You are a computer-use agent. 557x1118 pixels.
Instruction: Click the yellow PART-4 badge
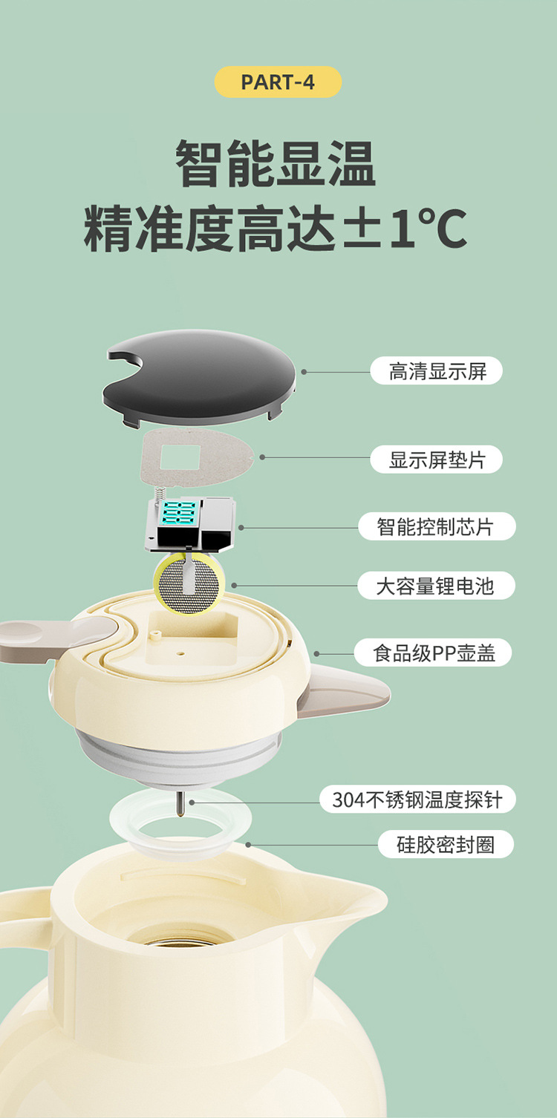point(278,82)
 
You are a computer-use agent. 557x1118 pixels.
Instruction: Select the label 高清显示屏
point(437,370)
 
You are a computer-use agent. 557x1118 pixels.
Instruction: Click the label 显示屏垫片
point(437,460)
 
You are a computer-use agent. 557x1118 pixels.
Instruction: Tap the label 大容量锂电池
point(435,586)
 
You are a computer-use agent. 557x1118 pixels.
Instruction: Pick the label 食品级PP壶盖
point(434,653)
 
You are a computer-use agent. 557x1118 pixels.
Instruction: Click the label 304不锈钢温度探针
point(417,800)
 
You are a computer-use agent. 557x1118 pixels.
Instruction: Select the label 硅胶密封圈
point(445,844)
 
